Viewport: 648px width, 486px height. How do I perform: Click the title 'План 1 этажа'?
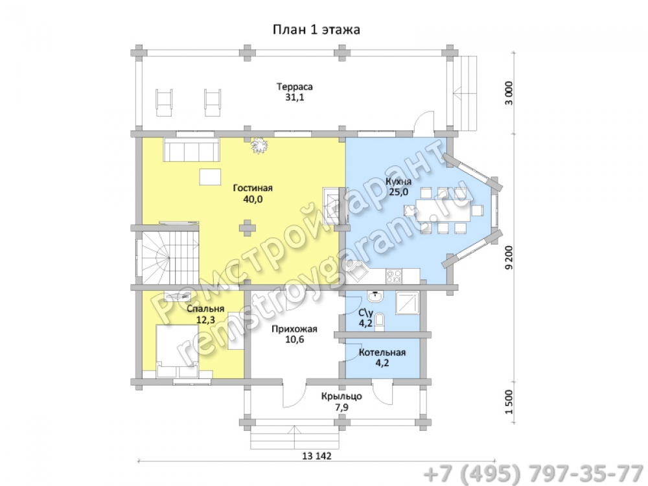(316, 30)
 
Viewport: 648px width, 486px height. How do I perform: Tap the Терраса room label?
(295, 87)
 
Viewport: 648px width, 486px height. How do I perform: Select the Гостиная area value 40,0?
(253, 200)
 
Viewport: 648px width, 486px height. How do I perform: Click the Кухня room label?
(399, 182)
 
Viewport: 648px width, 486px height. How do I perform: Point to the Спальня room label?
(205, 308)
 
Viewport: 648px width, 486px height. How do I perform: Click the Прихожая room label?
(294, 329)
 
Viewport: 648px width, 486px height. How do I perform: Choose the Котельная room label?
(382, 353)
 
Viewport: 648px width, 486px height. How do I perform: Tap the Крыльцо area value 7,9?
(341, 408)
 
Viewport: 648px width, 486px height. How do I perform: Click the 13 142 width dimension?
(317, 456)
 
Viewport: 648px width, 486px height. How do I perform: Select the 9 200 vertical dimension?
(509, 257)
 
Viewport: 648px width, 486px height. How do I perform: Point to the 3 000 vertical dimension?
(509, 93)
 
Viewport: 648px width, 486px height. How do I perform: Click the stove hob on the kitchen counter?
(393, 276)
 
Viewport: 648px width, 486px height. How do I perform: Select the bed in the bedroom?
(177, 351)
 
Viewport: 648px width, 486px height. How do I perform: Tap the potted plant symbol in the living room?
(259, 145)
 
